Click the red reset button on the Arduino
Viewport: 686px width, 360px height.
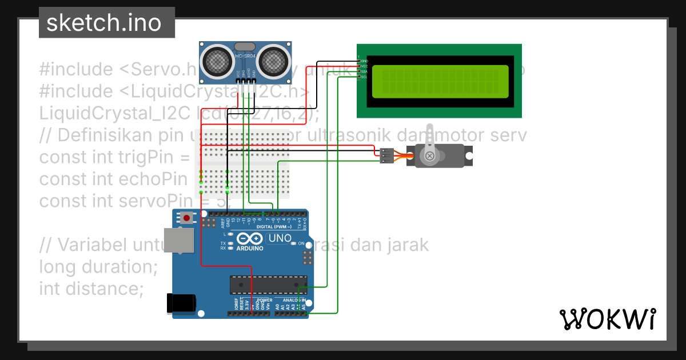click(x=186, y=217)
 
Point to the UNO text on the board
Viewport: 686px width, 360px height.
click(x=280, y=238)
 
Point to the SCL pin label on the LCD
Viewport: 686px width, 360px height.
click(x=364, y=77)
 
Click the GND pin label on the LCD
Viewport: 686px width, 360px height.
click(x=364, y=61)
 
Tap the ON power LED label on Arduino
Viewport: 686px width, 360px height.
click(x=301, y=244)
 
